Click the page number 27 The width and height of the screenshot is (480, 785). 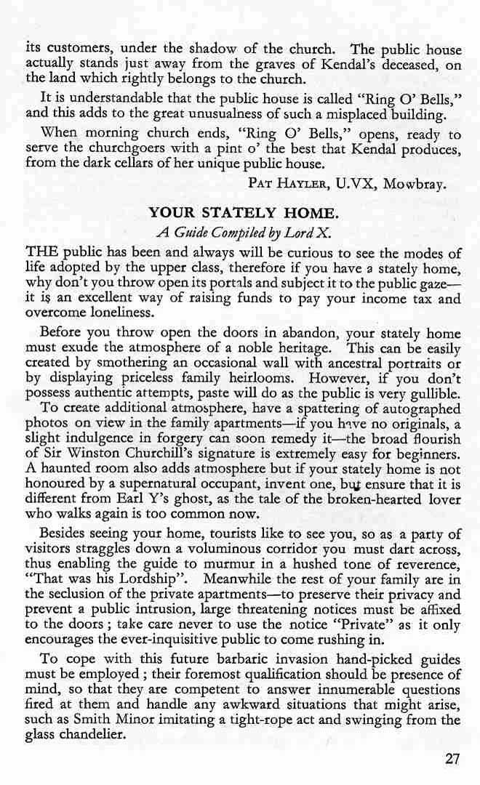(x=452, y=759)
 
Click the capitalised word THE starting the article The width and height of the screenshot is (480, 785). (x=41, y=254)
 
